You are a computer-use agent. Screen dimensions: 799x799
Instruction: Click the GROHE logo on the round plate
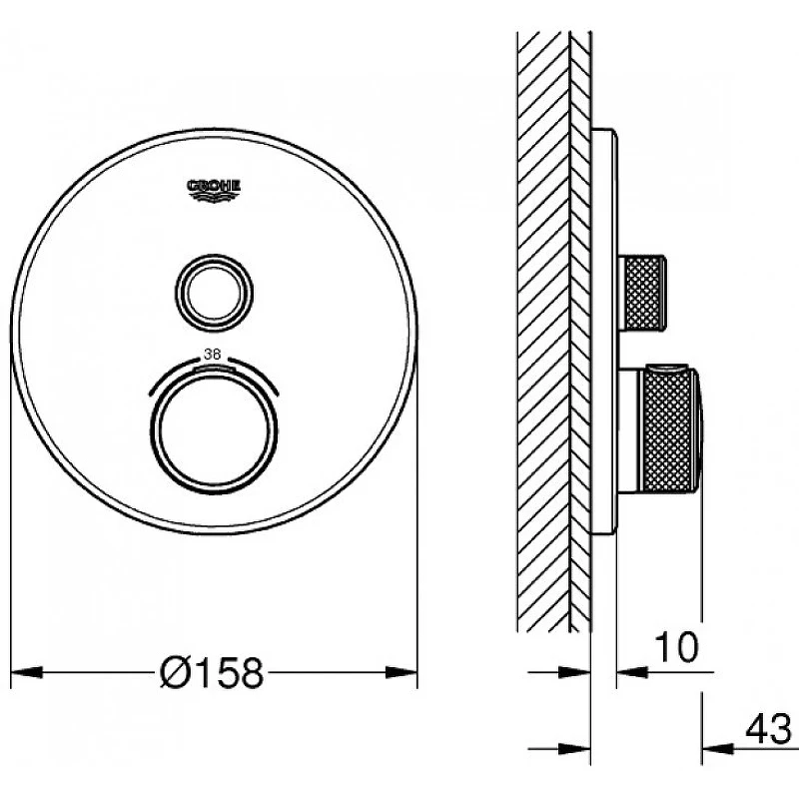click(x=214, y=190)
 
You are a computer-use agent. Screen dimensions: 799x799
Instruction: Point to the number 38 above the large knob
click(x=212, y=354)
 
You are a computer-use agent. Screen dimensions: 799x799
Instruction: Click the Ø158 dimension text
click(x=212, y=672)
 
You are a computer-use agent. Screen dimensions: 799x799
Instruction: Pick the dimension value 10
click(x=677, y=646)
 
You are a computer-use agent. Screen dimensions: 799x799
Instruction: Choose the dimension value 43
click(x=768, y=729)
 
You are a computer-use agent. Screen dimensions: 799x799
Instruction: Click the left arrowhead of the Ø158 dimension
click(x=27, y=672)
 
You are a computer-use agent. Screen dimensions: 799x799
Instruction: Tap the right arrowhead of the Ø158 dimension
click(x=401, y=672)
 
